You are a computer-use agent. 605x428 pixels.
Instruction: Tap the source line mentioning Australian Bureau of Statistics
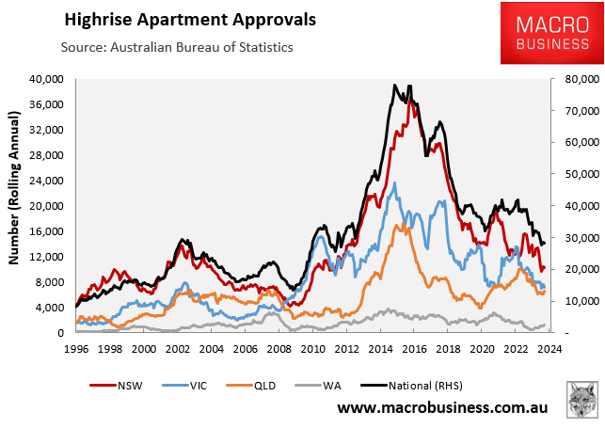point(177,47)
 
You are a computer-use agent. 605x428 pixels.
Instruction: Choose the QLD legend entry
point(262,386)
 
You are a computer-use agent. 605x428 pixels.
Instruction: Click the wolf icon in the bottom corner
point(583,400)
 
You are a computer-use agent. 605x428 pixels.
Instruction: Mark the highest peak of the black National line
point(395,85)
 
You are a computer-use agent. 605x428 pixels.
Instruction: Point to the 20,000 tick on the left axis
point(48,205)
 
